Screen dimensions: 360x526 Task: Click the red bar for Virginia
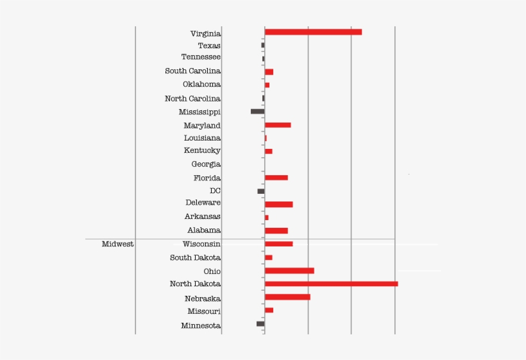pyautogui.click(x=313, y=32)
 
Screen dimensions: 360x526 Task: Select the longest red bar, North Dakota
pyautogui.click(x=331, y=284)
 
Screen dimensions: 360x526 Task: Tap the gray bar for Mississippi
pyautogui.click(x=257, y=112)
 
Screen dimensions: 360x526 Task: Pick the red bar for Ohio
pyautogui.click(x=289, y=271)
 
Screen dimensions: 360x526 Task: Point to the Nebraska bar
pyautogui.click(x=287, y=297)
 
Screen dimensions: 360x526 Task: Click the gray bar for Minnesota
pyautogui.click(x=260, y=324)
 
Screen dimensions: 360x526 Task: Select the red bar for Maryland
pyautogui.click(x=278, y=124)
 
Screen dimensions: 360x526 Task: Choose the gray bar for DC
pyautogui.click(x=261, y=191)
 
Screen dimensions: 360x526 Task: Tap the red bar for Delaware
pyautogui.click(x=278, y=204)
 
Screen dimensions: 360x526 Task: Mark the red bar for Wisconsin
pyautogui.click(x=278, y=244)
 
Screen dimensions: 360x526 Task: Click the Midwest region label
pyautogui.click(x=117, y=244)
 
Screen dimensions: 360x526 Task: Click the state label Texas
pyautogui.click(x=209, y=46)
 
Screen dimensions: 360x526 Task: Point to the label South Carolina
pyautogui.click(x=192, y=71)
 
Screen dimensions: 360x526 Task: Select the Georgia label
pyautogui.click(x=206, y=164)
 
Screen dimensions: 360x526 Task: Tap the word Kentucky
pyautogui.click(x=202, y=150)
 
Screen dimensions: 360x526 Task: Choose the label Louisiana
pyautogui.click(x=202, y=138)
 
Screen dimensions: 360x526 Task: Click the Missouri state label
pyautogui.click(x=204, y=311)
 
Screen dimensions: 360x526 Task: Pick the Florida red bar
pyautogui.click(x=276, y=178)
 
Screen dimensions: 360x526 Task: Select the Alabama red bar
pyautogui.click(x=276, y=230)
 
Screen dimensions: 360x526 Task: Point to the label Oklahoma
pyautogui.click(x=201, y=84)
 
